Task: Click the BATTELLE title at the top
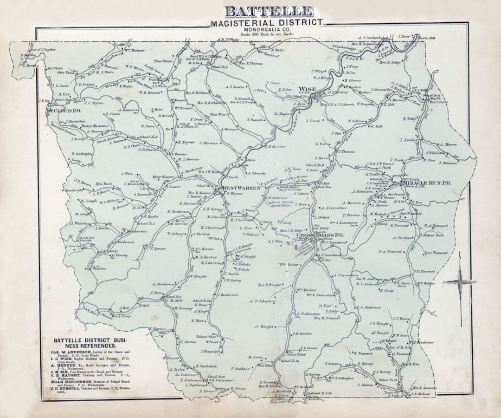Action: click(x=269, y=12)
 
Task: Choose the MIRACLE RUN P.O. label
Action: click(x=427, y=183)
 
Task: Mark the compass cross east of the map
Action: click(x=459, y=282)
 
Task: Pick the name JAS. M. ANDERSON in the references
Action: click(x=71, y=353)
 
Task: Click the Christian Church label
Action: click(x=86, y=239)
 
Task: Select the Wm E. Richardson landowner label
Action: click(x=320, y=295)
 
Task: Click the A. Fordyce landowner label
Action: click(x=403, y=238)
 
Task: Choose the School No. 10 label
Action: click(x=434, y=235)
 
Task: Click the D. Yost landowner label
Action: click(x=327, y=306)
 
